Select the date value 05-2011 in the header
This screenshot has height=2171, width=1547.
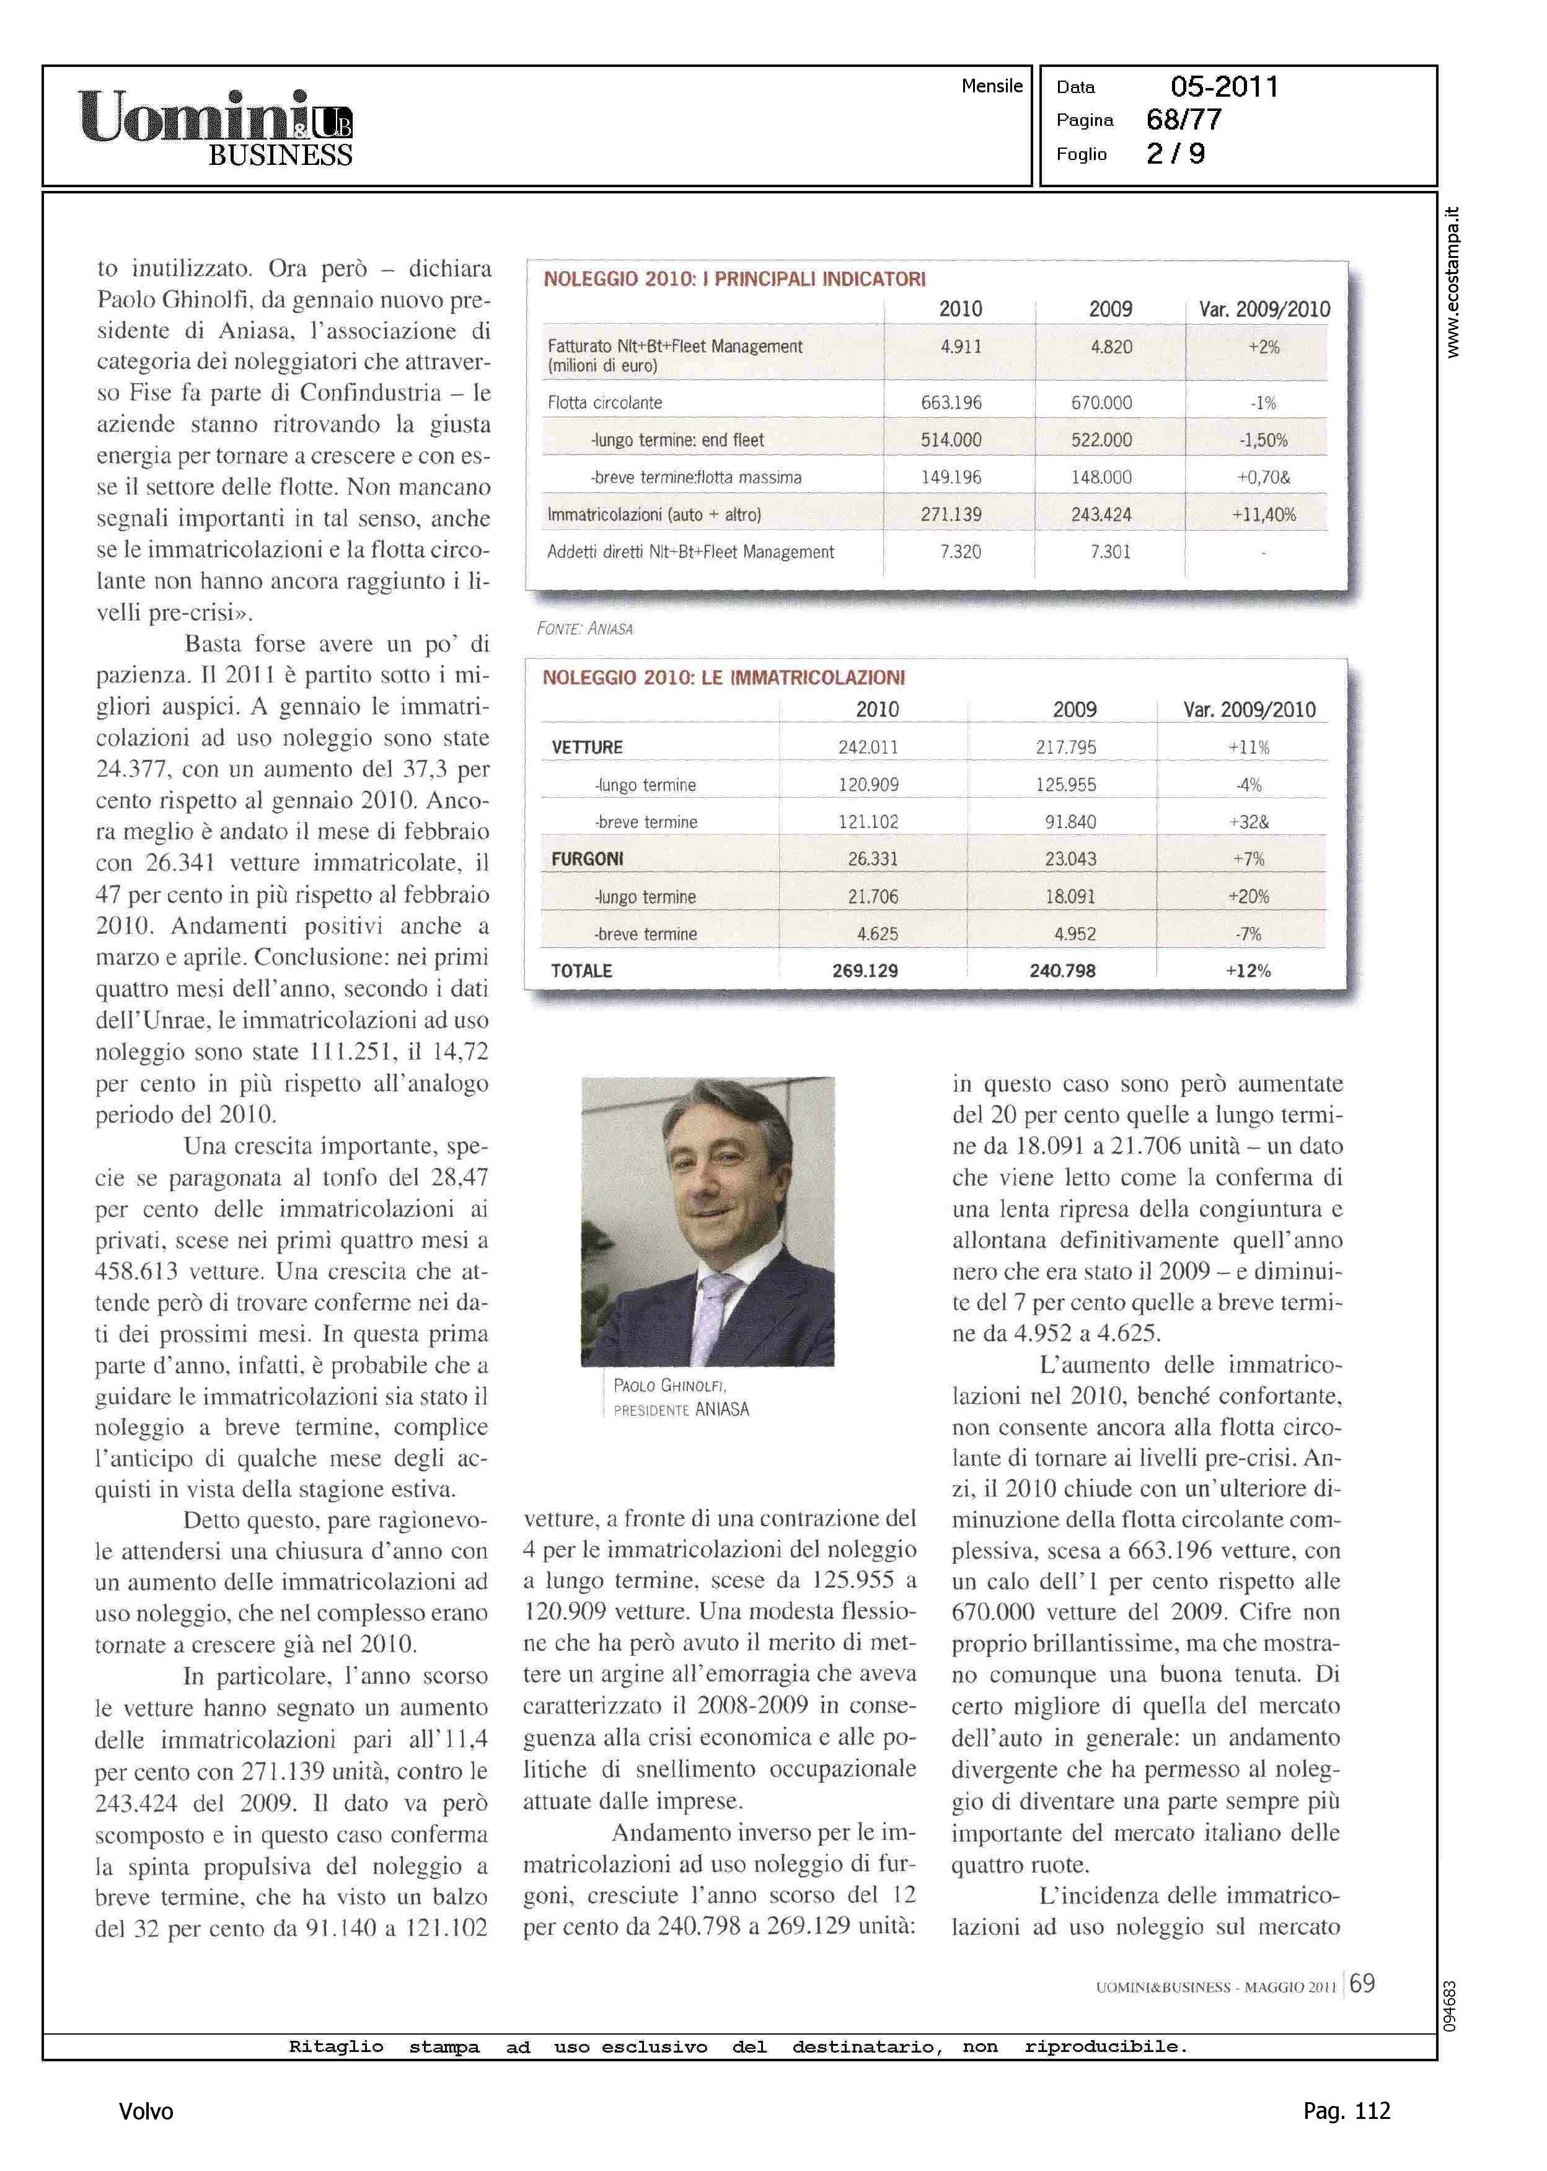[1224, 87]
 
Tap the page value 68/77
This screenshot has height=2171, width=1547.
[1184, 120]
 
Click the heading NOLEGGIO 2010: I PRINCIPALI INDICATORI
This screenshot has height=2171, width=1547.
[734, 279]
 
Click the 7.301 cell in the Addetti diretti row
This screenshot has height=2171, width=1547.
[1110, 552]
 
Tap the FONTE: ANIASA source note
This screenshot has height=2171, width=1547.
[585, 629]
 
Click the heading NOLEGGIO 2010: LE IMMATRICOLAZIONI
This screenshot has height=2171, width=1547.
[723, 678]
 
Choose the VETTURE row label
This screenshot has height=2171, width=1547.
[587, 748]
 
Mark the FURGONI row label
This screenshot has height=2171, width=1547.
[587, 859]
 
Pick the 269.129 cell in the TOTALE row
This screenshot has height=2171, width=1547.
[865, 971]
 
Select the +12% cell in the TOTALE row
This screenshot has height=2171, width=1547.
[1248, 971]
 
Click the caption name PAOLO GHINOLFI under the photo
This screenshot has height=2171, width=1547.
[669, 1386]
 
